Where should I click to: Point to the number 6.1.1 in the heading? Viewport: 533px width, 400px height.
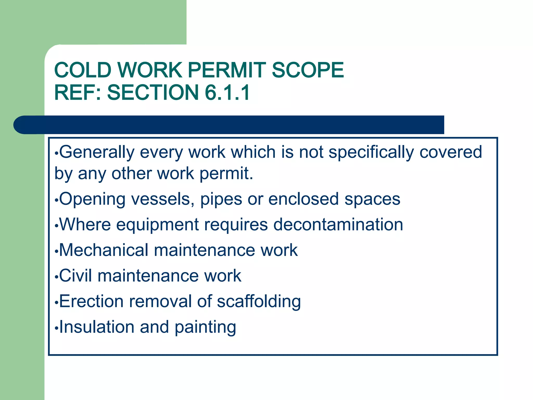coord(227,92)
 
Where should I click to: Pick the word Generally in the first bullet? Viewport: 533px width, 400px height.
coord(97,152)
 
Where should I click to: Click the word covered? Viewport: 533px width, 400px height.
coord(451,152)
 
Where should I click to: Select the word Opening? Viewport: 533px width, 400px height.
coord(92,199)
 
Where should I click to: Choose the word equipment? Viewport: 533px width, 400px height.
coord(157,225)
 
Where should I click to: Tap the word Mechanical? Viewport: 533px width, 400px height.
coord(104,250)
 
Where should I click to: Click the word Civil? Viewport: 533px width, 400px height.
coord(75,276)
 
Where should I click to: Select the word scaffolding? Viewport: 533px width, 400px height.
coord(259,302)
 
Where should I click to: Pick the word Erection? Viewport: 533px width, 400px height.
coord(91,301)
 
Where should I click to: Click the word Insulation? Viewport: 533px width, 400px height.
coord(97,327)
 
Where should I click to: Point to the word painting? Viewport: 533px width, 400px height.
coord(205,327)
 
